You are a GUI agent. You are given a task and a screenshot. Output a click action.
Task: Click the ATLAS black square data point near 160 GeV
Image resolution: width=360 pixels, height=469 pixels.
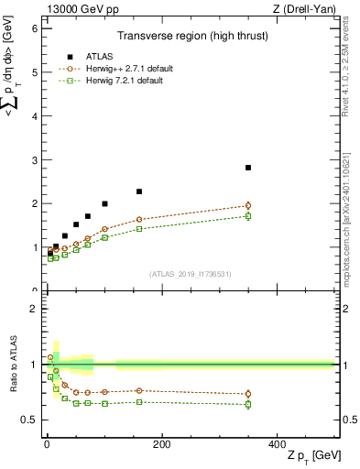tap(139, 191)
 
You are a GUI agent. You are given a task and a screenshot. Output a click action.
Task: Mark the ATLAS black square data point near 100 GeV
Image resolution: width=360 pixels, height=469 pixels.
tap(104, 203)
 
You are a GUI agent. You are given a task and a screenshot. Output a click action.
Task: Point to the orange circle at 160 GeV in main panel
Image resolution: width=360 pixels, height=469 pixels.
tap(139, 220)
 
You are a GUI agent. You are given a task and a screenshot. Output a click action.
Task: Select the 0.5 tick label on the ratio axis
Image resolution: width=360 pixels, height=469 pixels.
tap(29, 420)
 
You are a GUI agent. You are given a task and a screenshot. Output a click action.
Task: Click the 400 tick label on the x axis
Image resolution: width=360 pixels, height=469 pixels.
tap(276, 444)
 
